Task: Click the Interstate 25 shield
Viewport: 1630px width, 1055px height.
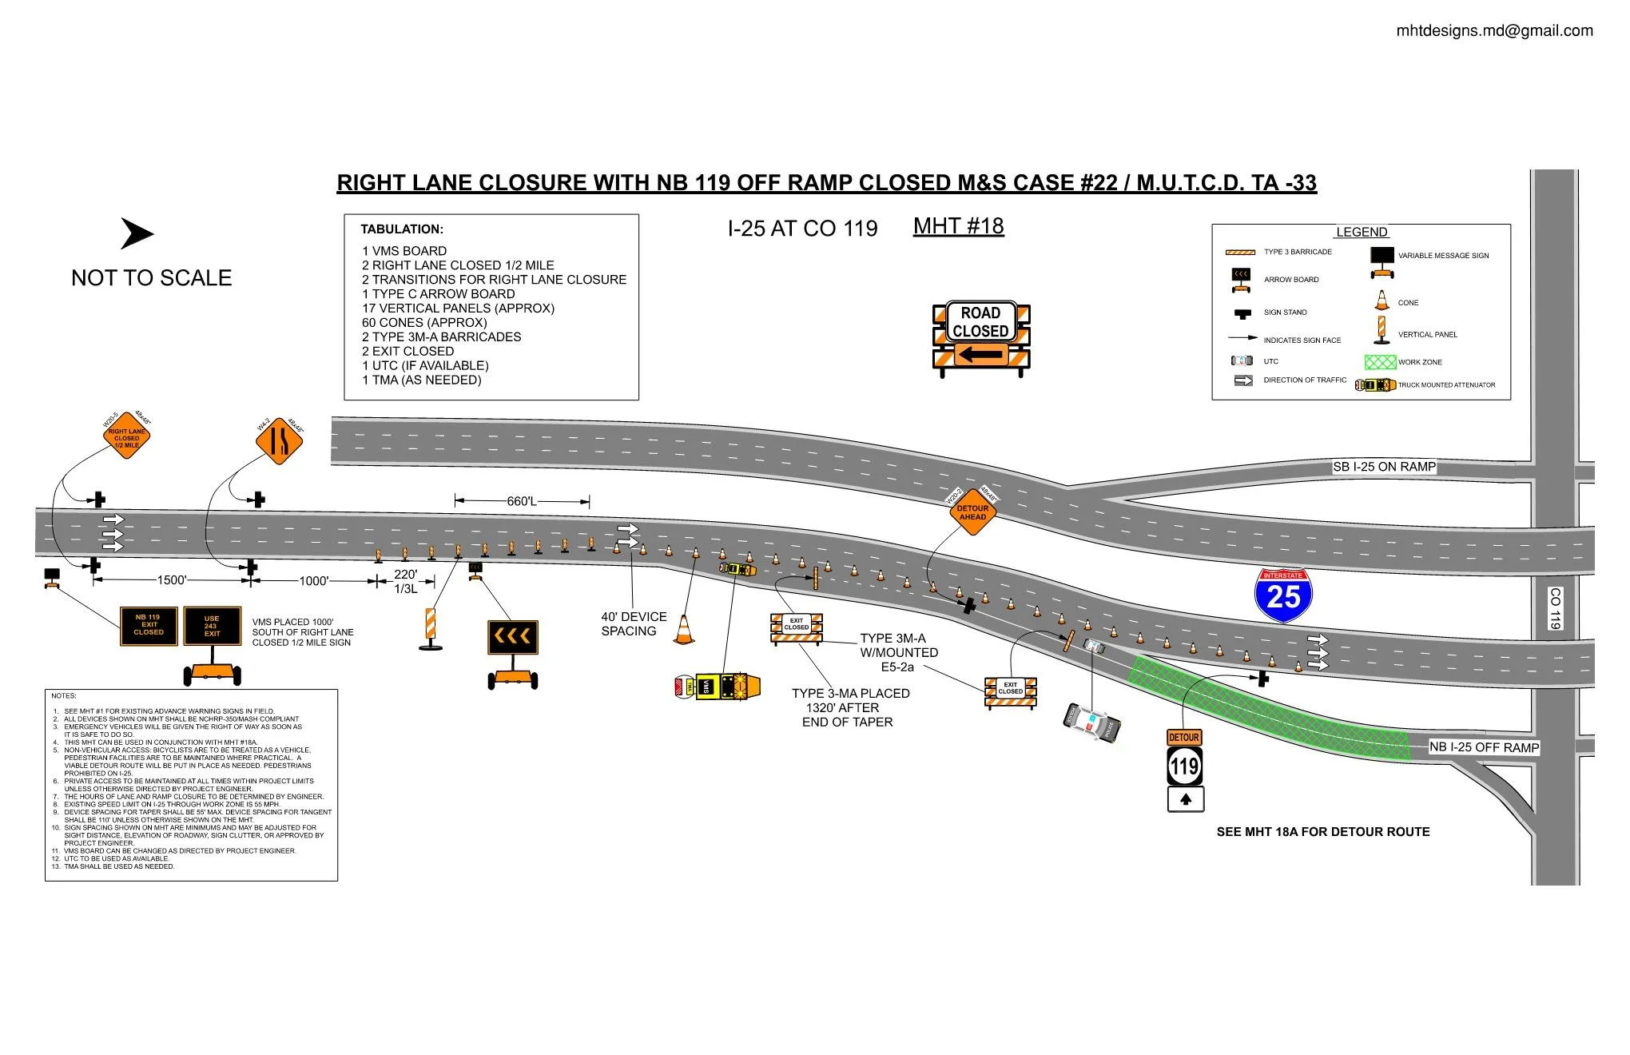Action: [1284, 596]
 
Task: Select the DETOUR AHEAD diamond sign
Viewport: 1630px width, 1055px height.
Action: [972, 512]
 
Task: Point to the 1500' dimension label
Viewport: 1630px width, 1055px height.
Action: [171, 580]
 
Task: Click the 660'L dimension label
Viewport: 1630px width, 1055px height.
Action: [522, 501]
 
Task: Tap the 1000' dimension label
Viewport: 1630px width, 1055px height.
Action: [313, 581]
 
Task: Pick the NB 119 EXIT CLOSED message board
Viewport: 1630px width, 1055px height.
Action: [149, 626]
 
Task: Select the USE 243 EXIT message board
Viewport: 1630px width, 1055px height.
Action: [212, 626]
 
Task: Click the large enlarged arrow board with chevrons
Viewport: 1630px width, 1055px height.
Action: [513, 638]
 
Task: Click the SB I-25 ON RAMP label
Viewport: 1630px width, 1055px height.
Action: [1384, 467]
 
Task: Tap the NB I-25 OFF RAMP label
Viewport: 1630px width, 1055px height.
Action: [1484, 747]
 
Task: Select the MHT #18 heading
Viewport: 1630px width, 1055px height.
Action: [958, 226]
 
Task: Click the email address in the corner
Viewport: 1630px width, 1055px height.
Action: [1494, 31]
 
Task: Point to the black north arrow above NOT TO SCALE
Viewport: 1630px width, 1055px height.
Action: [137, 234]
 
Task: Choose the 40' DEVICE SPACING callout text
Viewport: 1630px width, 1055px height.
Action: [634, 623]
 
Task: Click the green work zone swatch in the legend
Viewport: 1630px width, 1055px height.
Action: [1380, 362]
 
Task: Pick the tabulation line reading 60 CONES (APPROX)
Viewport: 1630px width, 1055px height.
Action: [424, 323]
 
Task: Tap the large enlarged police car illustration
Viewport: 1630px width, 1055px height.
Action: [1092, 724]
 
